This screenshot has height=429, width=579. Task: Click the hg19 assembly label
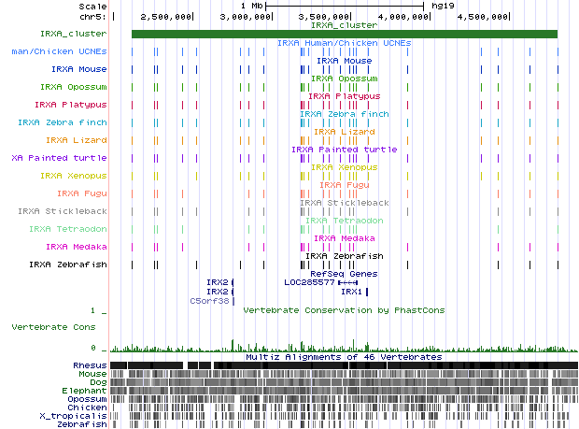(440, 6)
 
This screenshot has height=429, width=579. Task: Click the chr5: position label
(91, 17)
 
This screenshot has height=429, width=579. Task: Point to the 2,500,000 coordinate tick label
(167, 17)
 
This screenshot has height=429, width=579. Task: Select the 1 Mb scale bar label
(250, 6)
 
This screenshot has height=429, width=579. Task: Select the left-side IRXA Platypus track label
(71, 105)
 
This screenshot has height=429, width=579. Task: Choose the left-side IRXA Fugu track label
(82, 193)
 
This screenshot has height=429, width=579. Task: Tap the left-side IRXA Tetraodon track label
(67, 229)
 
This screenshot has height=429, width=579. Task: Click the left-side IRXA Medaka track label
(77, 247)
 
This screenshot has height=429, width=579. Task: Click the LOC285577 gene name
(308, 281)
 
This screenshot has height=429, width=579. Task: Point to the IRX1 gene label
(351, 292)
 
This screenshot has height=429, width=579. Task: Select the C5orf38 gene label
(209, 301)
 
